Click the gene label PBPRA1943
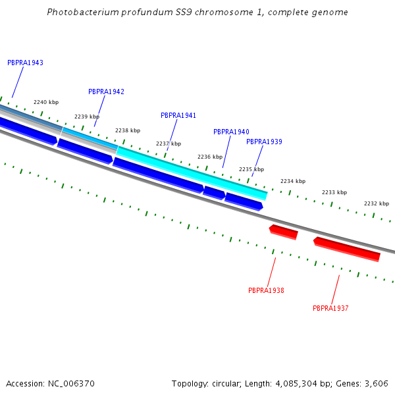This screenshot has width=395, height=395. pyautogui.click(x=25, y=63)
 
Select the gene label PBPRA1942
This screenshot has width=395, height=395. pyautogui.click(x=106, y=92)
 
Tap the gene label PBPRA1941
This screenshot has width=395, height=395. pyautogui.click(x=178, y=115)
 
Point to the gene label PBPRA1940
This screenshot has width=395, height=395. pyautogui.click(x=231, y=132)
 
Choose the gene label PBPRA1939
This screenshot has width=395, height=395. pyautogui.click(x=264, y=142)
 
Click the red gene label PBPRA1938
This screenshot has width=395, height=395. pyautogui.click(x=266, y=290)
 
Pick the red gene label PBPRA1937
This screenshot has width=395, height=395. pyautogui.click(x=330, y=308)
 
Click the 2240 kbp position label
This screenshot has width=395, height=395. pyautogui.click(x=46, y=102)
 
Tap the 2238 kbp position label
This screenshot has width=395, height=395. pyautogui.click(x=128, y=130)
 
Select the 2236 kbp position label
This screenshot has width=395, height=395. pyautogui.click(x=210, y=157)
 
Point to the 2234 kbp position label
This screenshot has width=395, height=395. pyautogui.click(x=293, y=181)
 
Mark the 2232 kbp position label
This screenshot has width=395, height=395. pyautogui.click(x=376, y=203)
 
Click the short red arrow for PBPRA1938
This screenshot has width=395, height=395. pyautogui.click(x=284, y=231)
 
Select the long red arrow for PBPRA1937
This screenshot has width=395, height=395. pyautogui.click(x=347, y=249)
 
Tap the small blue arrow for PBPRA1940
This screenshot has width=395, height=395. pyautogui.click(x=214, y=192)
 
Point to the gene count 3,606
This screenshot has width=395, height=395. pyautogui.click(x=376, y=383)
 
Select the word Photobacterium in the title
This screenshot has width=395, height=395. pyautogui.click(x=80, y=13)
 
